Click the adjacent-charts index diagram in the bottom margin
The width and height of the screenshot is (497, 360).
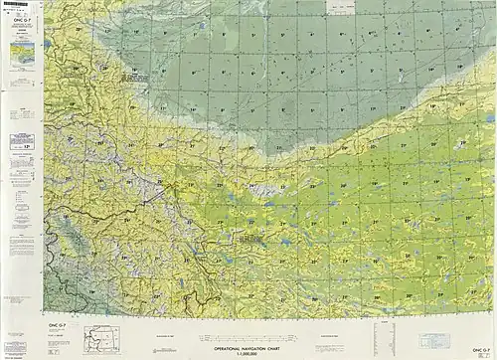101,336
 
